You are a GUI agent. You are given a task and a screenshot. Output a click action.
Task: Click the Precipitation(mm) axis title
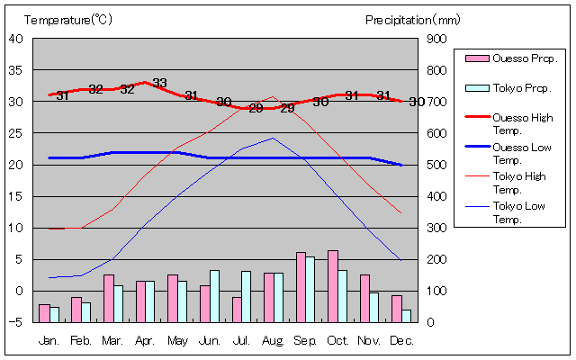(x=413, y=19)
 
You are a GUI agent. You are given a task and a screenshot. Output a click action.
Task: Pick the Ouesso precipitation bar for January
(x=44, y=312)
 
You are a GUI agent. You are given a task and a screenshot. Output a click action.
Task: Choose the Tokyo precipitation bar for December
(x=407, y=316)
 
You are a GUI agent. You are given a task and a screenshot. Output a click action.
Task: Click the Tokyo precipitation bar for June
(x=214, y=295)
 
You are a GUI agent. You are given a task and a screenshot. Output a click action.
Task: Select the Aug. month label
(x=274, y=340)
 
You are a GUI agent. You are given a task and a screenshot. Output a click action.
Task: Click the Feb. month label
(x=82, y=340)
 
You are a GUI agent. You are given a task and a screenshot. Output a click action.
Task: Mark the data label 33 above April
(x=159, y=84)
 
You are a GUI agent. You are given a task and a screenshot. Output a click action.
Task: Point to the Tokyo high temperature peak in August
(x=273, y=96)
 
